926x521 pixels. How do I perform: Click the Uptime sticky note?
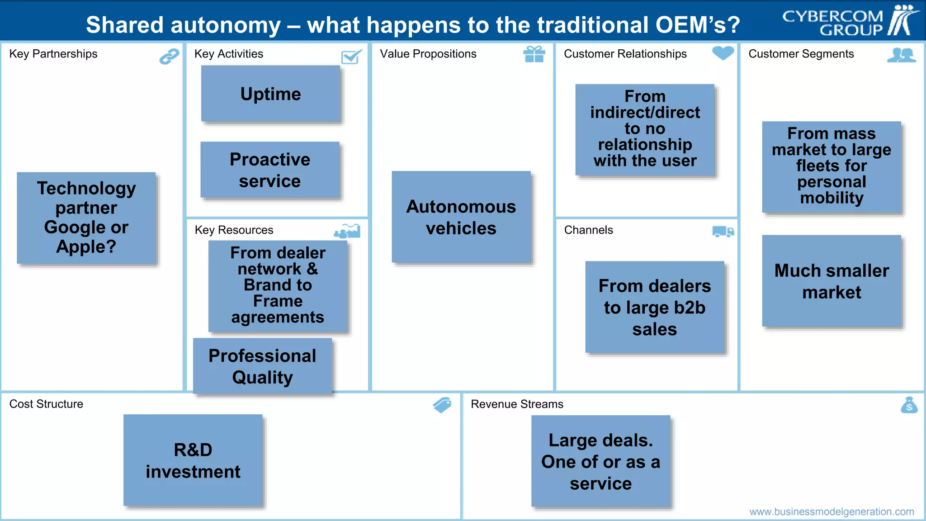click(270, 94)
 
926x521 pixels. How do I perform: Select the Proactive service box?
click(270, 170)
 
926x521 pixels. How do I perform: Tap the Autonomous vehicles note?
click(461, 217)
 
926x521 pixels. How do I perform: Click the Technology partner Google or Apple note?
click(86, 218)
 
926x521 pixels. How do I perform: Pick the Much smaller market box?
click(832, 281)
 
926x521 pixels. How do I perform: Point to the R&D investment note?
click(193, 460)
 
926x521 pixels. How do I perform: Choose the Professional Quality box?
click(262, 366)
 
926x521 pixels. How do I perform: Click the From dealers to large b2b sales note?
click(655, 307)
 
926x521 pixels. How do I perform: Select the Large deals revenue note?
click(600, 461)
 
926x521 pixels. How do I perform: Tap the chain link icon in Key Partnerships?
click(169, 57)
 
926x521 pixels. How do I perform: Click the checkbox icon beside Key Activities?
click(351, 57)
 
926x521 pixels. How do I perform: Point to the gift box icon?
click(534, 54)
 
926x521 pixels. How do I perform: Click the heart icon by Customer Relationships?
click(723, 53)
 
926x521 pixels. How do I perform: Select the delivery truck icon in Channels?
click(723, 232)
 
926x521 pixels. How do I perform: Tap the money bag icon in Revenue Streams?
click(909, 405)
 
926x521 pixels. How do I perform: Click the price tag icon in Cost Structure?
click(442, 405)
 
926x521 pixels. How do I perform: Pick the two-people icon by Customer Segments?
click(901, 55)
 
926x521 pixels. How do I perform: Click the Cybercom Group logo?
click(850, 21)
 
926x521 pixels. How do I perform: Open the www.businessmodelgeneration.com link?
click(832, 512)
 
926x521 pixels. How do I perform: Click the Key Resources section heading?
click(234, 230)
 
